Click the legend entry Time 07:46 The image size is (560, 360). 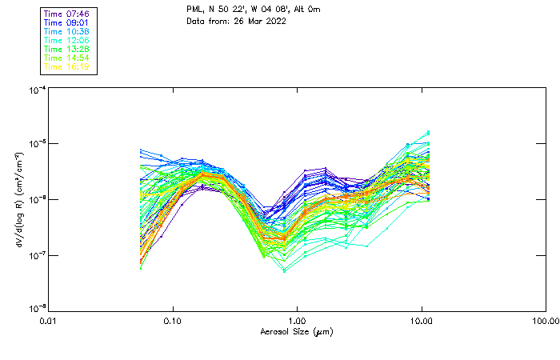(x=67, y=14)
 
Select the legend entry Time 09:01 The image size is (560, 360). (x=67, y=22)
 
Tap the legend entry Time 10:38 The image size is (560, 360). (x=67, y=31)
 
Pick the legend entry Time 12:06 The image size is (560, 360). (x=67, y=40)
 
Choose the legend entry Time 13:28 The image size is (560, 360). (x=67, y=49)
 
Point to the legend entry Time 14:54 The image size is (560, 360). (x=67, y=58)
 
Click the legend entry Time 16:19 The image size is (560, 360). (x=67, y=67)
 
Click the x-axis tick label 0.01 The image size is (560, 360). (x=49, y=321)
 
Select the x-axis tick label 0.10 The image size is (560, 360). (x=173, y=321)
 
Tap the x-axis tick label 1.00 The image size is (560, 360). (x=298, y=321)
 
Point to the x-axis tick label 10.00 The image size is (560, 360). (x=422, y=321)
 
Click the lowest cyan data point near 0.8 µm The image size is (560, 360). (x=283, y=271)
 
